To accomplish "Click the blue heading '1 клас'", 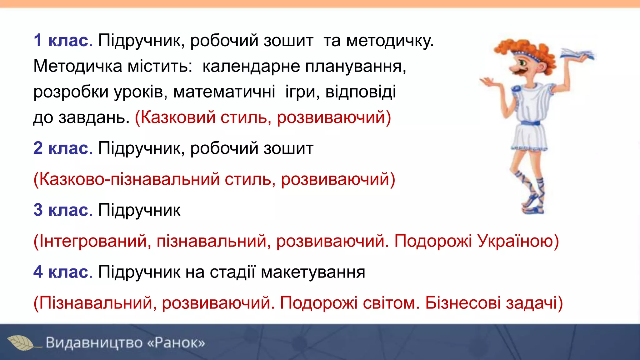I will [61, 41].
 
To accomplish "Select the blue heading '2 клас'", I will [61, 148].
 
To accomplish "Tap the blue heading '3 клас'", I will [61, 210].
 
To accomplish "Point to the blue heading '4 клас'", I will [61, 272].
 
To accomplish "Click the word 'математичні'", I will [224, 92].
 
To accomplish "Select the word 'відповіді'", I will [361, 92].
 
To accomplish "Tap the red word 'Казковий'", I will [175, 117].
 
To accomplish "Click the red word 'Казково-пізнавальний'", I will [127, 180].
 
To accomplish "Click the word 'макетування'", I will [313, 272].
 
